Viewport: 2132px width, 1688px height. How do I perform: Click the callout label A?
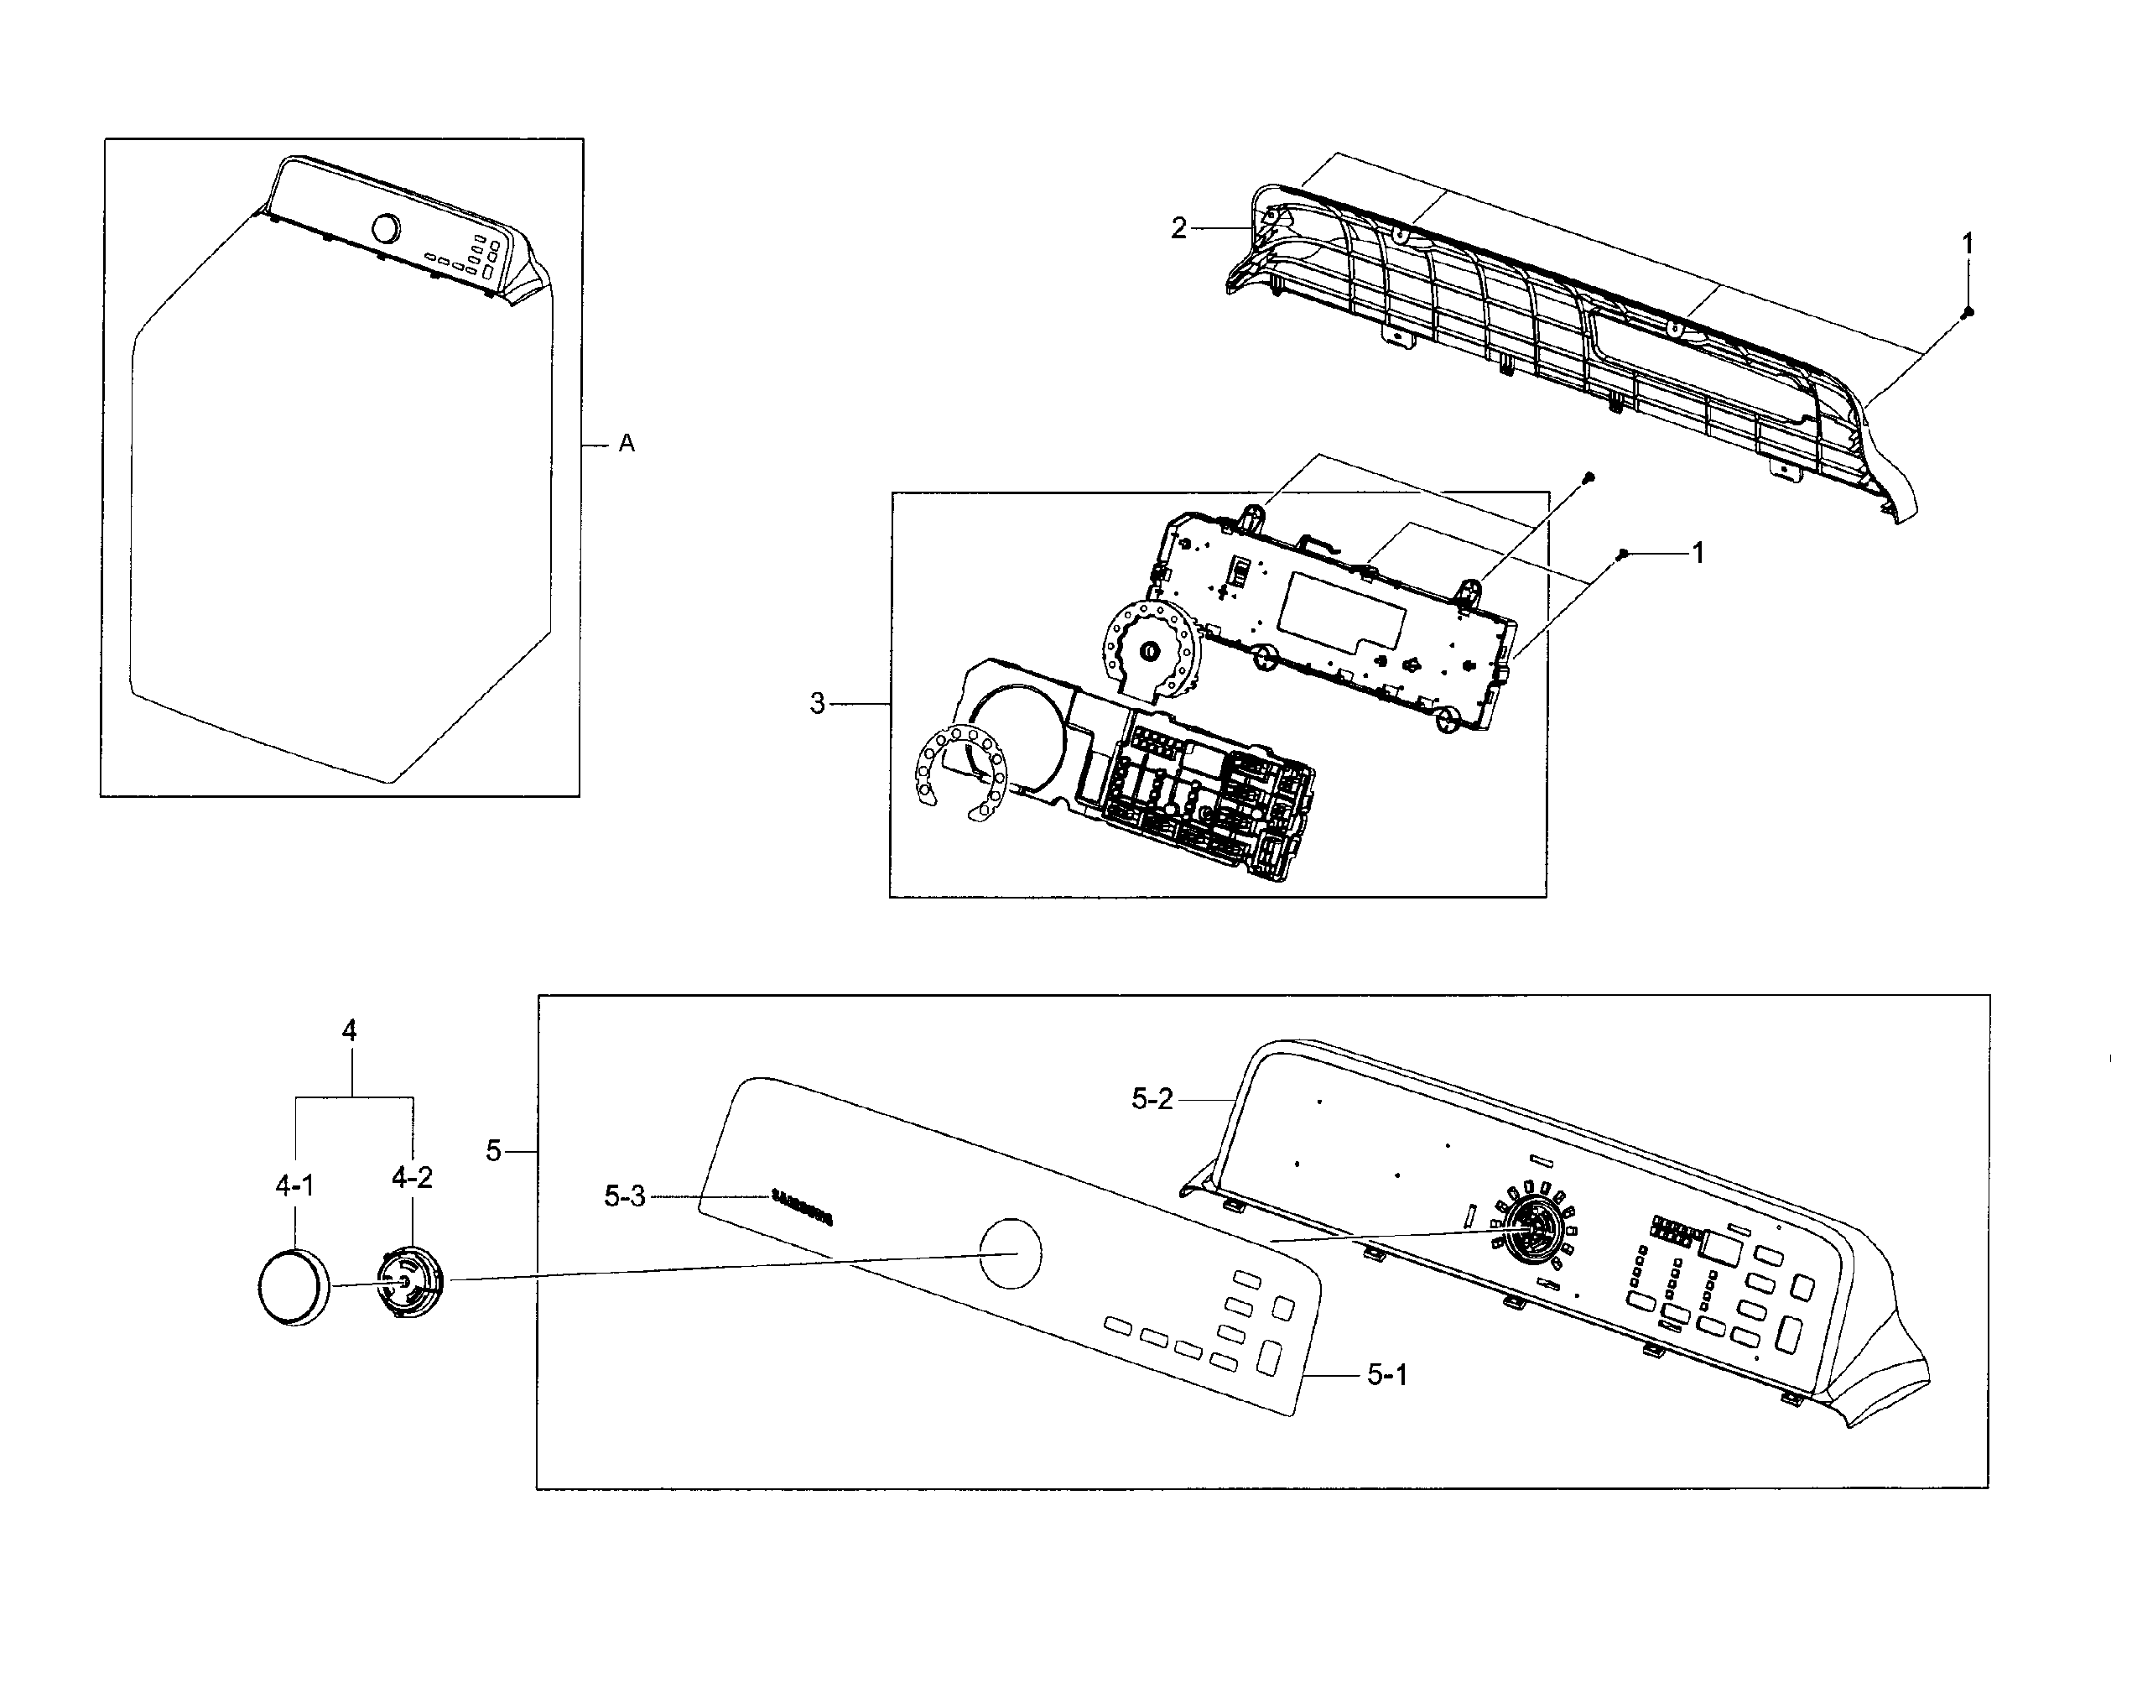[627, 445]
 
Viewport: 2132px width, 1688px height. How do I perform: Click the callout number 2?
[1178, 228]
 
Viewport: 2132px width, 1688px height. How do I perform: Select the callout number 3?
[817, 704]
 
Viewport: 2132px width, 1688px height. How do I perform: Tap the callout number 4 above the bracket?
[349, 1031]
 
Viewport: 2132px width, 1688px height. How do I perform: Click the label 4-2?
[411, 1177]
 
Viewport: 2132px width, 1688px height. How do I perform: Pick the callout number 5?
[494, 1151]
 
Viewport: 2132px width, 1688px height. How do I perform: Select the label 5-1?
[1387, 1375]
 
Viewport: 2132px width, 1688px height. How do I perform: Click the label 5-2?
[1152, 1100]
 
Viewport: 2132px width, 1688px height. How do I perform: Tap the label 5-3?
[624, 1197]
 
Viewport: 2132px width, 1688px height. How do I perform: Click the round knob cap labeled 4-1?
[293, 1286]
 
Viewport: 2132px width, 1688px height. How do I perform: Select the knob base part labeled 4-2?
[409, 1283]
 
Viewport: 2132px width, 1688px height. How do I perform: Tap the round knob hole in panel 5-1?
[1009, 1253]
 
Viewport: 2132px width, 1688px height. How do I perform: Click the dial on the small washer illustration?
[385, 228]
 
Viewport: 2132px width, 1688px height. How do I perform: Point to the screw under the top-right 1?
[1967, 312]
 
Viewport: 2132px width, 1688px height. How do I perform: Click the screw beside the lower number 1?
[1621, 555]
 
